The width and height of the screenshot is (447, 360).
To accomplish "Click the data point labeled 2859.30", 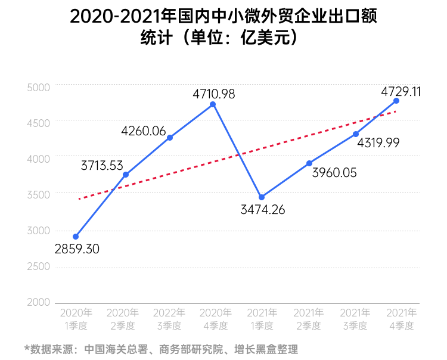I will point(76,237).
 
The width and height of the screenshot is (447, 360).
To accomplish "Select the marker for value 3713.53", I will point(125,175).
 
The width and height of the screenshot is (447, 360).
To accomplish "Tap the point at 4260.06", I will point(170,138).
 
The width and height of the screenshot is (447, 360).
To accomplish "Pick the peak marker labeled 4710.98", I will point(213,105).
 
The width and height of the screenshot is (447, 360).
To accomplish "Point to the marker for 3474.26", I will point(262,197).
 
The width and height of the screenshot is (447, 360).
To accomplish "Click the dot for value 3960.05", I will point(309,163).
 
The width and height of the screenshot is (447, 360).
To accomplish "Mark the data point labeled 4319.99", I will point(356,134).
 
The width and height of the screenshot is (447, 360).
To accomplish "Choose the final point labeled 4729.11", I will point(396,101).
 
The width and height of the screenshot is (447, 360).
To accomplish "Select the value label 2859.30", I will point(77,249).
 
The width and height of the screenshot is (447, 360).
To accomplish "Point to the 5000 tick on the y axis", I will point(39,87).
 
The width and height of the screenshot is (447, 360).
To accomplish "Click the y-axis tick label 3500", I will point(39,194).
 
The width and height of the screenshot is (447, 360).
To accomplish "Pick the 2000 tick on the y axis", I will point(39,302).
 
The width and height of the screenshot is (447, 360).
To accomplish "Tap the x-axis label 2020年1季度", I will point(76,319).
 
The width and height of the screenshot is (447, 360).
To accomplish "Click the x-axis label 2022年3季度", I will point(170,319).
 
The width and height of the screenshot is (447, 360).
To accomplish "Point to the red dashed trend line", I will point(238,157).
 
